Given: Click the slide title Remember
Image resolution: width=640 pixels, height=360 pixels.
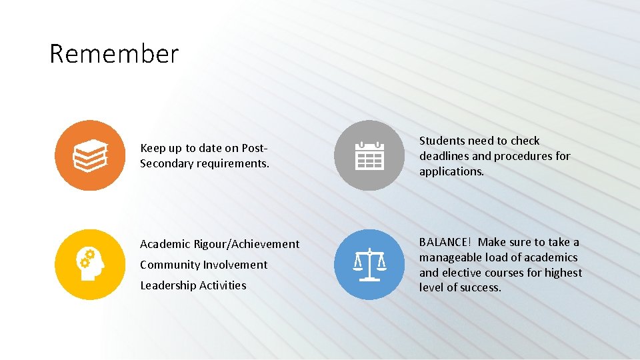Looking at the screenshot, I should point(114,53).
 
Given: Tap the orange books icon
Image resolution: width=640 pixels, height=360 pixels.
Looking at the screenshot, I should point(90,155).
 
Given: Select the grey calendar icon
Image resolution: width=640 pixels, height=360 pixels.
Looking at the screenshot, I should point(369,155).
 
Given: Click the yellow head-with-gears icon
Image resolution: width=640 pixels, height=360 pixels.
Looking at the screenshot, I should point(90,264).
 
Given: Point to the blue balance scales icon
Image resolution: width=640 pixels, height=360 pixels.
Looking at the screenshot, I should point(369,264).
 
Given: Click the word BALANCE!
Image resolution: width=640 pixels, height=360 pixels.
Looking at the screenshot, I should point(446,242).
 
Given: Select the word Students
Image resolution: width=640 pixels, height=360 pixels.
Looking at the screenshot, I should point(441,141).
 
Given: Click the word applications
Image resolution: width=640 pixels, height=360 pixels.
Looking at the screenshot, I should point(451,171).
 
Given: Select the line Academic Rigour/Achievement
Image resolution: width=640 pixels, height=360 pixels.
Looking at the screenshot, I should point(219,244).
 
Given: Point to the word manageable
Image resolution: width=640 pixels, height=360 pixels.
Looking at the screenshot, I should point(450,257).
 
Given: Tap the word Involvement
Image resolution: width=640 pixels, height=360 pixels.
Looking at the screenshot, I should point(235,265).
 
